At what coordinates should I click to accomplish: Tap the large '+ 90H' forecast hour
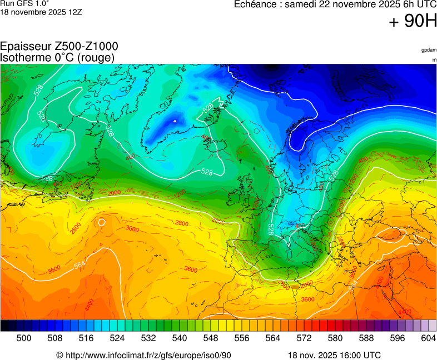(x=413, y=22)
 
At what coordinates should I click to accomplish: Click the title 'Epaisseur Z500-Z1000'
(x=59, y=47)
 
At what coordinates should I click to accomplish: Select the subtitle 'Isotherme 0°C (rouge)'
(x=57, y=57)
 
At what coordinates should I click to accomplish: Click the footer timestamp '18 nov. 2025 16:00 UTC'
(x=334, y=355)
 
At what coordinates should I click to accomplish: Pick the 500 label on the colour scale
(x=24, y=338)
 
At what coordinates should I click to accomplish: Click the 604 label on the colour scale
(x=429, y=338)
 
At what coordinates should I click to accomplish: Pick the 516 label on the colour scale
(x=86, y=338)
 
